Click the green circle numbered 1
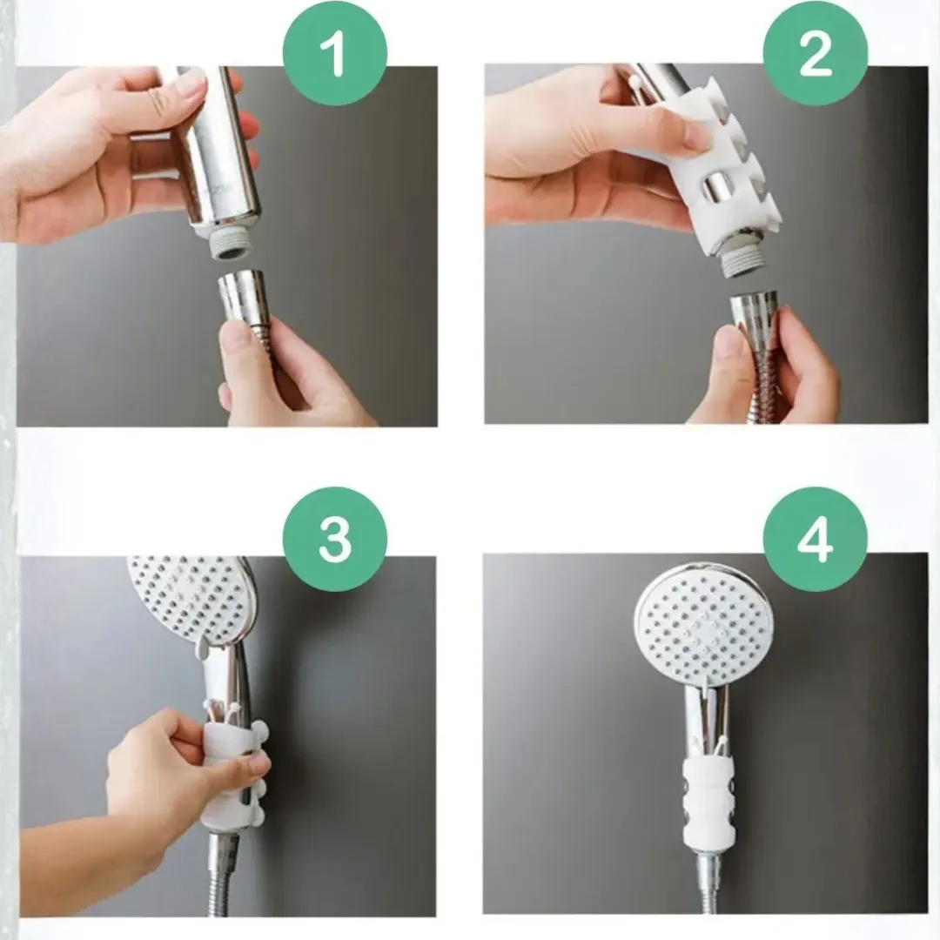(334, 54)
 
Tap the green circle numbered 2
(815, 54)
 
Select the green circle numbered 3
(334, 539)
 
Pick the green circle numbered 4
(815, 539)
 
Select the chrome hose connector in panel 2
(754, 318)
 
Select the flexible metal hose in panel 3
(225, 872)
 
